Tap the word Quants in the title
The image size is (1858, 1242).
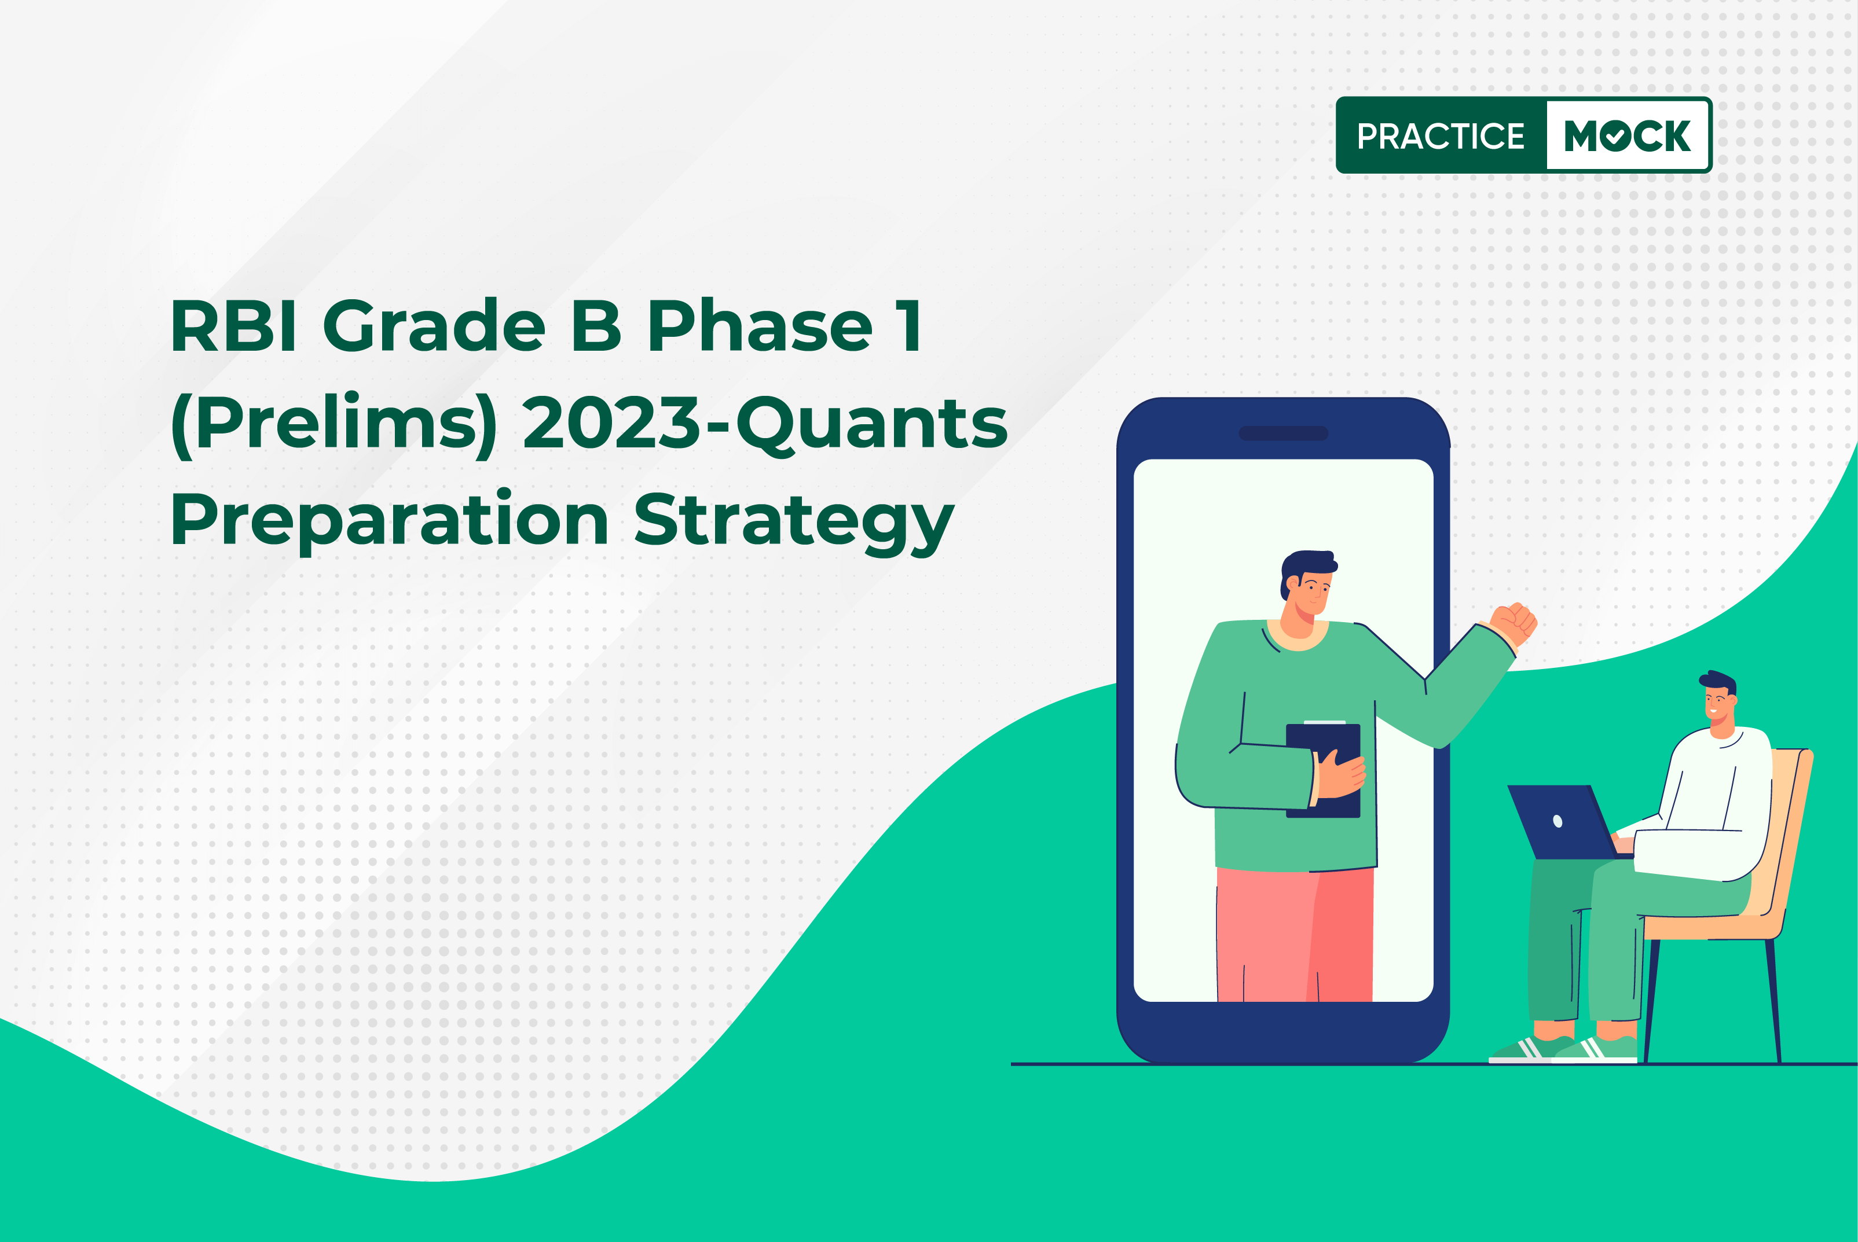tap(871, 425)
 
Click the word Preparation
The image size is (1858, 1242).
tap(389, 522)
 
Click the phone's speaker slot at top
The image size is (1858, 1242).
tap(1283, 433)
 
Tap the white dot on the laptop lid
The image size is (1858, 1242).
tap(1558, 821)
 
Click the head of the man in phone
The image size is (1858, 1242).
tap(1307, 586)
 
